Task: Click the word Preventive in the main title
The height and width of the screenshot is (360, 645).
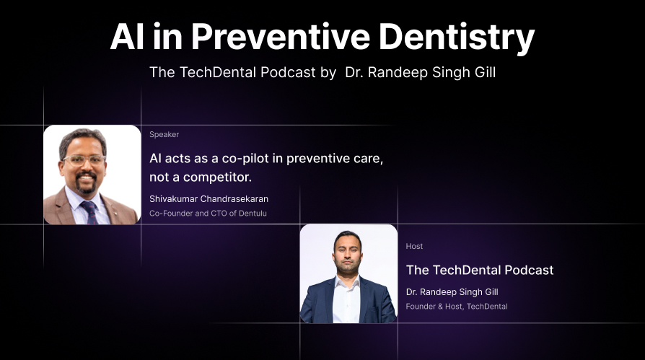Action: (281, 37)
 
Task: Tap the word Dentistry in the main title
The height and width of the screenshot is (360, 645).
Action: (457, 38)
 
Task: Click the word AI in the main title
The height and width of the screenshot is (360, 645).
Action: (127, 37)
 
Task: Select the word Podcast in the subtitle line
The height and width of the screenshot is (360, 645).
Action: (288, 72)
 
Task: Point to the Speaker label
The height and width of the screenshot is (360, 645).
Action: (164, 134)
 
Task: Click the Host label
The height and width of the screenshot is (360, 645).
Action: (414, 246)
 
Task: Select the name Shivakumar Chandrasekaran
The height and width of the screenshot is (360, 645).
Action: (209, 198)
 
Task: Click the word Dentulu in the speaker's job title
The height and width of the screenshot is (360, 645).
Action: (253, 213)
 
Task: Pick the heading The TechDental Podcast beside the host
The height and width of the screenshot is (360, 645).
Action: (480, 270)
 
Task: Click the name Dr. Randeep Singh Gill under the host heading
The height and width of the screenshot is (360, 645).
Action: (452, 291)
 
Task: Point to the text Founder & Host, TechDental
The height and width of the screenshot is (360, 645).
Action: (457, 306)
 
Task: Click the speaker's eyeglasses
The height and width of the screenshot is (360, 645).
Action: (84, 160)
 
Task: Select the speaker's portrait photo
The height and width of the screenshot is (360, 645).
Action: (92, 175)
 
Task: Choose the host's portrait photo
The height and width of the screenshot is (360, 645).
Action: (348, 273)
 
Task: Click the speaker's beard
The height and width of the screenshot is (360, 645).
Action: (86, 184)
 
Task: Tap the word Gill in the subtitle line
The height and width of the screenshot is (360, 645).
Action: (486, 72)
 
